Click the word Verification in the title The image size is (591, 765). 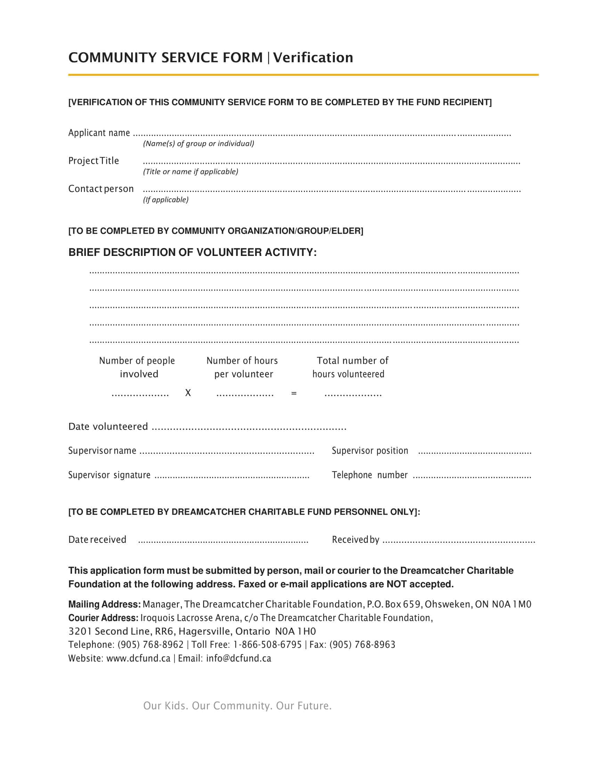(x=313, y=57)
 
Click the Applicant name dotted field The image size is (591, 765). (x=322, y=134)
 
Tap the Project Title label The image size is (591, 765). (x=94, y=161)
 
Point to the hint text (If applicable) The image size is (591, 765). (x=165, y=200)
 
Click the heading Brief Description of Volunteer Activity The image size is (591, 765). (x=192, y=252)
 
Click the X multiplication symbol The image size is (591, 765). (x=188, y=393)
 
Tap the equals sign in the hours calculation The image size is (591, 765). (x=294, y=393)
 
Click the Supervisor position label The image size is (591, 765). (x=370, y=451)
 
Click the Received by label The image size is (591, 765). (x=355, y=540)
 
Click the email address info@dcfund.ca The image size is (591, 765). (x=238, y=659)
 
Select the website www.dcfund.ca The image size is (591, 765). (x=138, y=659)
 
